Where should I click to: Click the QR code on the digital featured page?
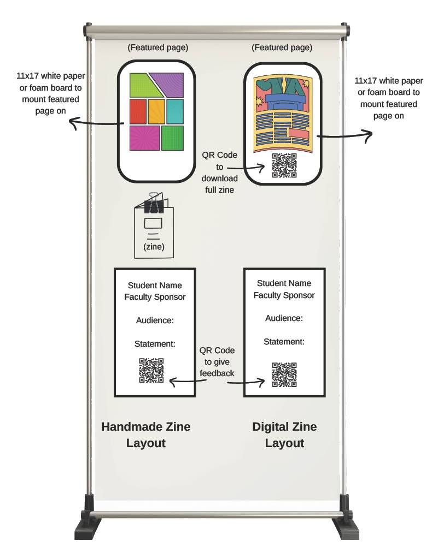[x=284, y=165]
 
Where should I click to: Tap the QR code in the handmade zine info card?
[x=151, y=370]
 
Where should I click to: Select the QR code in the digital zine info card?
[x=284, y=374]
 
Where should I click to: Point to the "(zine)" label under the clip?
[x=154, y=247]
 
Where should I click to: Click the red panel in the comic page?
[x=138, y=111]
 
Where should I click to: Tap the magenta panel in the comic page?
[x=144, y=138]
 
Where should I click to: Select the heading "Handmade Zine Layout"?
[x=146, y=435]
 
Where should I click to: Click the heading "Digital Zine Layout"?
[x=284, y=435]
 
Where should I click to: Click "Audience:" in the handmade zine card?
[x=154, y=320]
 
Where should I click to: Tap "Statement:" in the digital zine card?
[x=284, y=342]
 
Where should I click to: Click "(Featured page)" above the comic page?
[x=157, y=47]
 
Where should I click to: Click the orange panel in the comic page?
[x=156, y=111]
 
